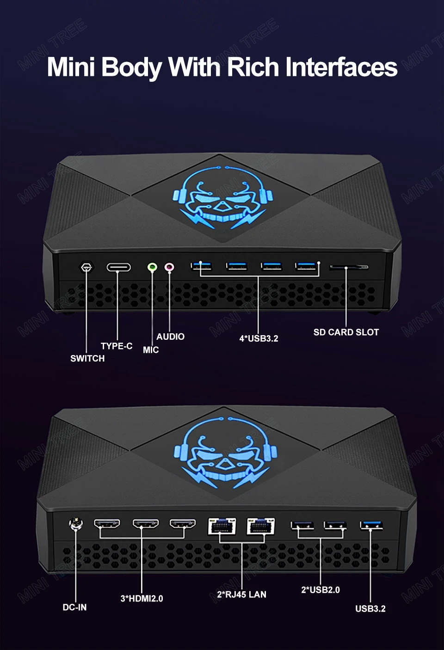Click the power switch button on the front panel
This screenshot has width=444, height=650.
[x=86, y=267]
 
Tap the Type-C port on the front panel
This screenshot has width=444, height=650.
[x=118, y=267]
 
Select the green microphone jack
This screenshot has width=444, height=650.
[x=152, y=267]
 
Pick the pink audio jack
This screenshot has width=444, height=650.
[x=170, y=267]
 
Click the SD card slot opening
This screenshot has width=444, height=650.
[x=348, y=267]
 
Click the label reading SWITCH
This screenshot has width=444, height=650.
[x=87, y=358]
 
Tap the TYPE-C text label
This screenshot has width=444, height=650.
[x=117, y=346]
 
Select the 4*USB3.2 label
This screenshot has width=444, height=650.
[x=259, y=338]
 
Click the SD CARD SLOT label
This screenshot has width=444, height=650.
[x=346, y=332]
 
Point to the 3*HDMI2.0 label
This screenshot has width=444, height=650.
[x=142, y=598]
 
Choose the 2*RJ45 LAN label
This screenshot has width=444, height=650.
[x=241, y=595]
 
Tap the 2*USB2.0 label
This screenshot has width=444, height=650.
[x=321, y=590]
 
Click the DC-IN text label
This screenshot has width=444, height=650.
[x=74, y=607]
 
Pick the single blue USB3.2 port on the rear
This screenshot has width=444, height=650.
[x=371, y=525]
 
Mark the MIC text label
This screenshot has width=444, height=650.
[x=151, y=350]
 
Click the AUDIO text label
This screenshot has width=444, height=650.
[x=170, y=337]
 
